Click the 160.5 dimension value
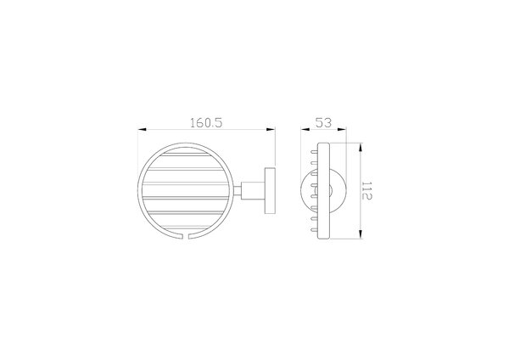[x=206, y=123]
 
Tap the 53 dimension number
[x=324, y=123]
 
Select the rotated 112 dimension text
[x=366, y=191]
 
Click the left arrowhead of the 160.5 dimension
[x=143, y=130]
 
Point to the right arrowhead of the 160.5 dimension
[x=271, y=130]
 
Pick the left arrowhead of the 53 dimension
[x=305, y=130]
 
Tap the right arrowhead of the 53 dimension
[x=342, y=130]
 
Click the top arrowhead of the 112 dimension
[x=361, y=147]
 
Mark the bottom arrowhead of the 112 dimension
[x=361, y=234]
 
